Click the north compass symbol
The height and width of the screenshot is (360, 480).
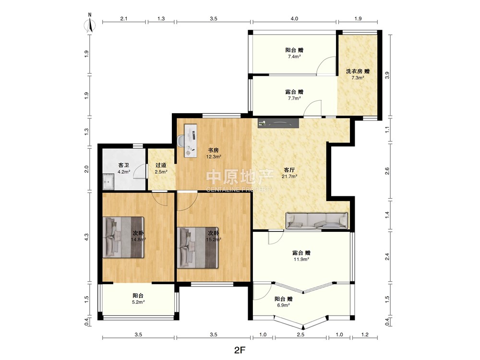[x=90, y=23]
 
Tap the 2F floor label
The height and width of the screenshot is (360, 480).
[x=240, y=350]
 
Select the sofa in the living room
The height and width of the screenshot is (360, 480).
[x=317, y=221]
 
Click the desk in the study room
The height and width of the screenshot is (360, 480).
[x=190, y=141]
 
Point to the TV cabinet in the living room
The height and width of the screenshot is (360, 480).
[x=278, y=123]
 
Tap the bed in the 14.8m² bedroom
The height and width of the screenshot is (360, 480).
[x=123, y=237]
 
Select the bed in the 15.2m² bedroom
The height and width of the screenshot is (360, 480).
[x=198, y=248]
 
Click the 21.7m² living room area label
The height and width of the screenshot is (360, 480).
[x=289, y=176]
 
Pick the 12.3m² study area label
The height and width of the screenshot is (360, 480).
[x=214, y=157]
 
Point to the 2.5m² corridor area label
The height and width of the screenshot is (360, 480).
[x=161, y=172]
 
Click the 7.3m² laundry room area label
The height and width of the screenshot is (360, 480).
[x=358, y=78]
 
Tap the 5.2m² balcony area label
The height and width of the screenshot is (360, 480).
[x=138, y=302]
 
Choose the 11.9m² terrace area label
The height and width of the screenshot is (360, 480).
[x=301, y=259]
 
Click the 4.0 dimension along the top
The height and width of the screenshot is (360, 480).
[x=294, y=19]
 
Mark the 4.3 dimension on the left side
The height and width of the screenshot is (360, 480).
[x=86, y=237]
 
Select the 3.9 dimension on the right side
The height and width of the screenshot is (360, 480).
[x=387, y=75]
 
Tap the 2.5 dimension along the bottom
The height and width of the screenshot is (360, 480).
[x=300, y=335]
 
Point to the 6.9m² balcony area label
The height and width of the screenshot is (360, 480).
[x=284, y=305]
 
